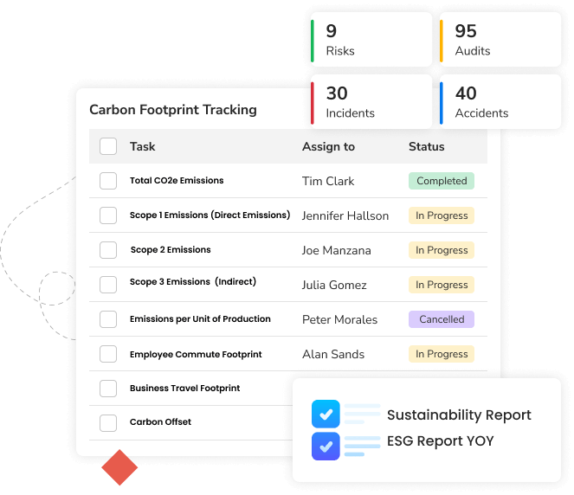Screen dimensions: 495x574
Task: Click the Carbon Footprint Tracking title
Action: [173, 110]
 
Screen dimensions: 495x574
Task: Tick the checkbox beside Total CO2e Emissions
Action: [108, 181]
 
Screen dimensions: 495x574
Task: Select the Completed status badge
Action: [442, 181]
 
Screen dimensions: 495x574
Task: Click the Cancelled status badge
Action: [442, 319]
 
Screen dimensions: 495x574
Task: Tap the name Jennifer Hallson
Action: [345, 215]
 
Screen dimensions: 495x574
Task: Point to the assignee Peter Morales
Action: [339, 319]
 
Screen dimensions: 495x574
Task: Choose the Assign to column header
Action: [328, 146]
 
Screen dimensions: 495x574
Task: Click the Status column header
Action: [426, 146]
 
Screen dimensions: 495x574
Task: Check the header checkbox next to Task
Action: [108, 146]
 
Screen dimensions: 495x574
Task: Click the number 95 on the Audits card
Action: [466, 31]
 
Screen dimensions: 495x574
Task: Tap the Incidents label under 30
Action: [350, 113]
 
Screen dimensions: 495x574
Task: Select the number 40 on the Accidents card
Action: [466, 93]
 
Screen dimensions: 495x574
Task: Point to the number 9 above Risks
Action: [332, 31]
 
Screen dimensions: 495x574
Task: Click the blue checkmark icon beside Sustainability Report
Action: [326, 415]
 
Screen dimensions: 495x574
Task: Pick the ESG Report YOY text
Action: [441, 441]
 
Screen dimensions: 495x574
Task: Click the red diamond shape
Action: [119, 468]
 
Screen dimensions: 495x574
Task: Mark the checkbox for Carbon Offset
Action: [108, 423]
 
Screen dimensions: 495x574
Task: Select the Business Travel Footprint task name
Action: [184, 389]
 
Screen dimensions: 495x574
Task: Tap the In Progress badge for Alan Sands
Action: [442, 354]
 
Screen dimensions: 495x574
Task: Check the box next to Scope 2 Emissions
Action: [108, 250]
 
